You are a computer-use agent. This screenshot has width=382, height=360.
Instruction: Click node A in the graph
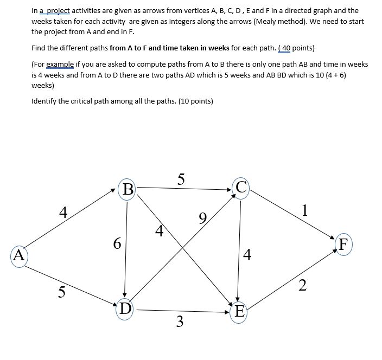(19, 254)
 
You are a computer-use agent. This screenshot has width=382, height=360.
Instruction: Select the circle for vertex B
(128, 189)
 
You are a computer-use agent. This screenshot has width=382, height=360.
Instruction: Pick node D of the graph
(125, 308)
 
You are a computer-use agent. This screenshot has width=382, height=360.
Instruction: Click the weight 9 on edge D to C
(202, 219)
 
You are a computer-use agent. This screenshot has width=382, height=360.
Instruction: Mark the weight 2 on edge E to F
(303, 285)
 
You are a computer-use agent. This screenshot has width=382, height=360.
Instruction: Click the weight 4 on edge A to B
(63, 212)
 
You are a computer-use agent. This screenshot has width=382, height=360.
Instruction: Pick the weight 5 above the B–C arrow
(181, 178)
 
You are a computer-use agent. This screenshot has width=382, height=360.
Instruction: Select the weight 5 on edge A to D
(62, 292)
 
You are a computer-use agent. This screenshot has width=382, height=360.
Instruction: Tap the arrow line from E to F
(288, 281)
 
